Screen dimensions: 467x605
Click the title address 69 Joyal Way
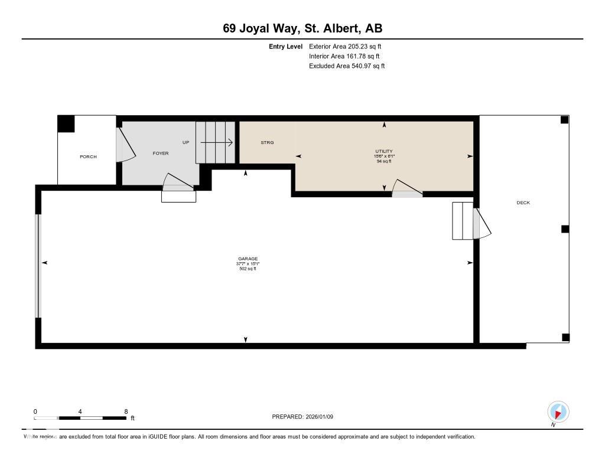pos(302,28)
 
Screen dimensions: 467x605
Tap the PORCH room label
pos(88,156)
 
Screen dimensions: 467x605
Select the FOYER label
pos(161,154)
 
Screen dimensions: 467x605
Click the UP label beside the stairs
pos(186,143)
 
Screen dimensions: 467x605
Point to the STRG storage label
pos(267,143)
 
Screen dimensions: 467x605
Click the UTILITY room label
pos(385,151)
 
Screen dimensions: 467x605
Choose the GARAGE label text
pos(247,259)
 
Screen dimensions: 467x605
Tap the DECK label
pos(523,203)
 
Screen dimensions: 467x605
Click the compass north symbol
pos(558,411)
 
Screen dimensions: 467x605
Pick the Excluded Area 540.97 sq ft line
pos(347,66)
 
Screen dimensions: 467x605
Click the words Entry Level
pos(285,46)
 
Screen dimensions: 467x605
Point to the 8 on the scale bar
pos(126,412)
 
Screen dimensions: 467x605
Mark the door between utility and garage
pos(406,188)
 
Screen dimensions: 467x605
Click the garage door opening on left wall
pos(38,266)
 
